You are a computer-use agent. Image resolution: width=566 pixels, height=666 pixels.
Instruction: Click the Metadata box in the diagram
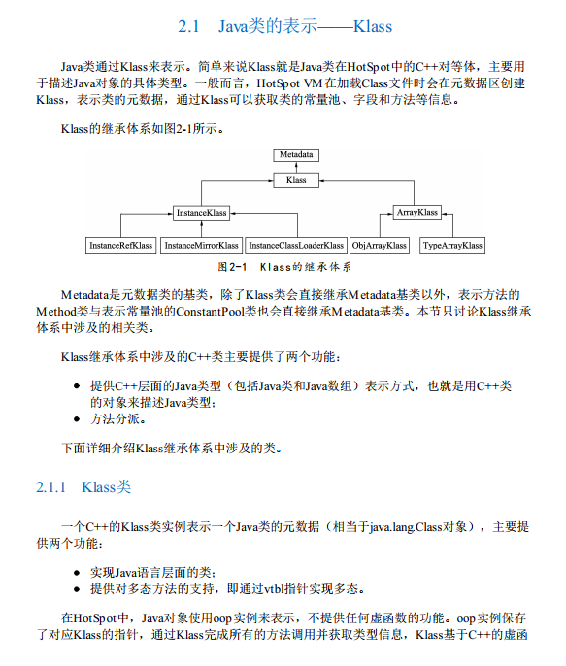[x=297, y=154]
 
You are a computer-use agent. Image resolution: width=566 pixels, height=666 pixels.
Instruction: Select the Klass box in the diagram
[x=297, y=180]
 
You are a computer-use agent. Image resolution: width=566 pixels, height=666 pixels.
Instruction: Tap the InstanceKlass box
[x=201, y=212]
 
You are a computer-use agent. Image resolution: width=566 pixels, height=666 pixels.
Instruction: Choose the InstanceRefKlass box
[x=121, y=246]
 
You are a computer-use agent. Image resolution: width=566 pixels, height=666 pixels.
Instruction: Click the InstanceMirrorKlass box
[x=201, y=246]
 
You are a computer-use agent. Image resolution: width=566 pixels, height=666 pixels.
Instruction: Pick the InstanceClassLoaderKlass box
[x=296, y=246]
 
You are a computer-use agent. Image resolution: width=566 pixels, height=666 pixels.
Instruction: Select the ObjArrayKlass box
[x=379, y=246]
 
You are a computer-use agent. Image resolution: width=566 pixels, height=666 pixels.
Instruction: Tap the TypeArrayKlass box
[x=452, y=246]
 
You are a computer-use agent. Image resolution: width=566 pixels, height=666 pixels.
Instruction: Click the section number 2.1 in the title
[x=190, y=26]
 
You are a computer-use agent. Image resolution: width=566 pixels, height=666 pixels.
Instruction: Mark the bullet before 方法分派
[x=77, y=420]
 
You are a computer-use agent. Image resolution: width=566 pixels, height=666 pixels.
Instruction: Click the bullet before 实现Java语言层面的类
[x=77, y=572]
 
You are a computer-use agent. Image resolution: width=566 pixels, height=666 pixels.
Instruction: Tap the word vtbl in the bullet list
[x=264, y=588]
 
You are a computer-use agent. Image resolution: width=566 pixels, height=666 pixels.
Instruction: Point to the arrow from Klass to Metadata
[x=297, y=167]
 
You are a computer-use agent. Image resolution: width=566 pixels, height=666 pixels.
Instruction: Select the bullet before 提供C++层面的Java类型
[x=77, y=385]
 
